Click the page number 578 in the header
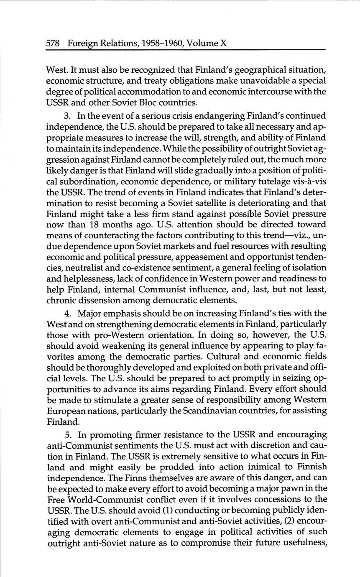coord(54,43)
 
